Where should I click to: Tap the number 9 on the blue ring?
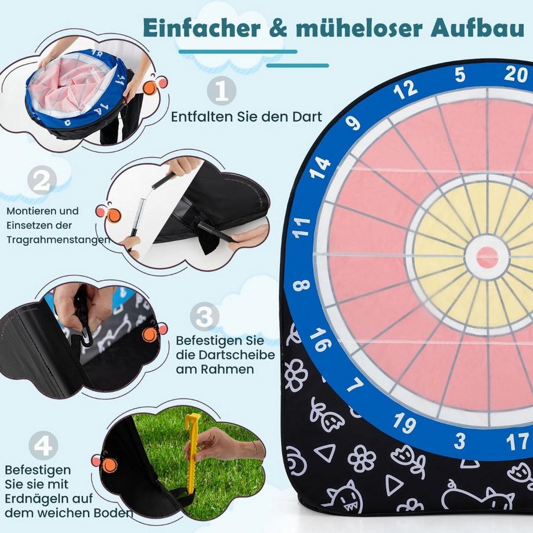[x=353, y=123]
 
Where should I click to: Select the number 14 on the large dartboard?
[x=320, y=167]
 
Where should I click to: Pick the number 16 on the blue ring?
[x=320, y=339]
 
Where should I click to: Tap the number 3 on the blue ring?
[x=459, y=441]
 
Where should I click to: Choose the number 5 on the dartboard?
[x=460, y=75]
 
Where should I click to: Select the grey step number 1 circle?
[x=222, y=92]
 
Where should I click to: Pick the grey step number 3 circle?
[x=205, y=317]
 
